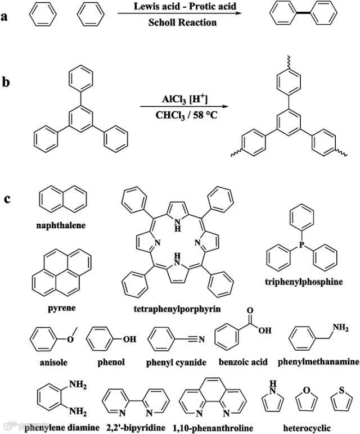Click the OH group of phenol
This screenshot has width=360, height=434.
tap(129, 340)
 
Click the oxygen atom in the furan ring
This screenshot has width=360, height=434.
tap(307, 389)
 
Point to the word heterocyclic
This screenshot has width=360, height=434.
tap(307, 427)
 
